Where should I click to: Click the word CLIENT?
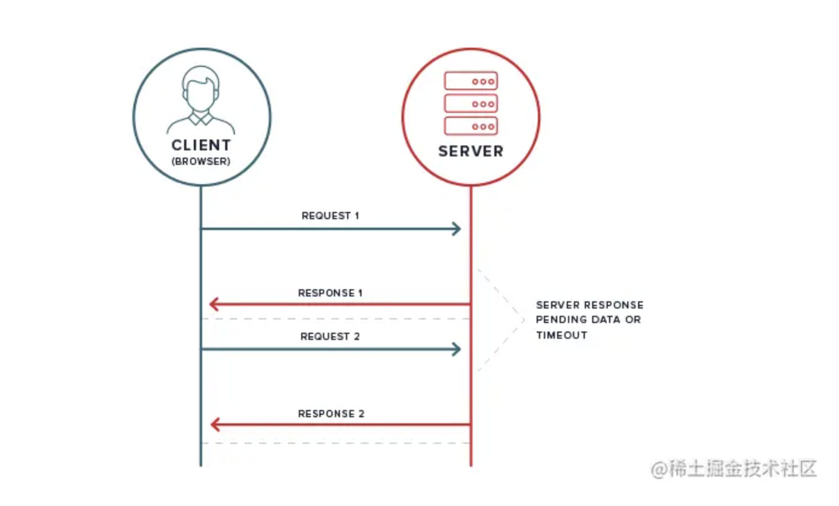pos(201,145)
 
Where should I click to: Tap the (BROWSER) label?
pos(201,161)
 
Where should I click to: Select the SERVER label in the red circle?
pos(471,152)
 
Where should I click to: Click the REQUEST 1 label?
pos(330,216)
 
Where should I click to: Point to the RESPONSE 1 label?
pos(330,293)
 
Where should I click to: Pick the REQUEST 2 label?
pos(330,336)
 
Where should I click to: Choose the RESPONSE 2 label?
pos(331,414)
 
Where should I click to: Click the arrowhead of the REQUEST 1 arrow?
pos(457,229)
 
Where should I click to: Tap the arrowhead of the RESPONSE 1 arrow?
pos(214,304)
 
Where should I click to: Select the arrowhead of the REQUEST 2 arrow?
pos(457,350)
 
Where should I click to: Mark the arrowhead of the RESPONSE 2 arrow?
pos(215,424)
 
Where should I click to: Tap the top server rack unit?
pos(471,81)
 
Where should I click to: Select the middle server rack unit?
pos(471,103)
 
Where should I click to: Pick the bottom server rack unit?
pos(471,126)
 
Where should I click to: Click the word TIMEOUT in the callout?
pos(561,335)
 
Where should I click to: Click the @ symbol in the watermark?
pos(659,470)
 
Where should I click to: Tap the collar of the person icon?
pos(201,118)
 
